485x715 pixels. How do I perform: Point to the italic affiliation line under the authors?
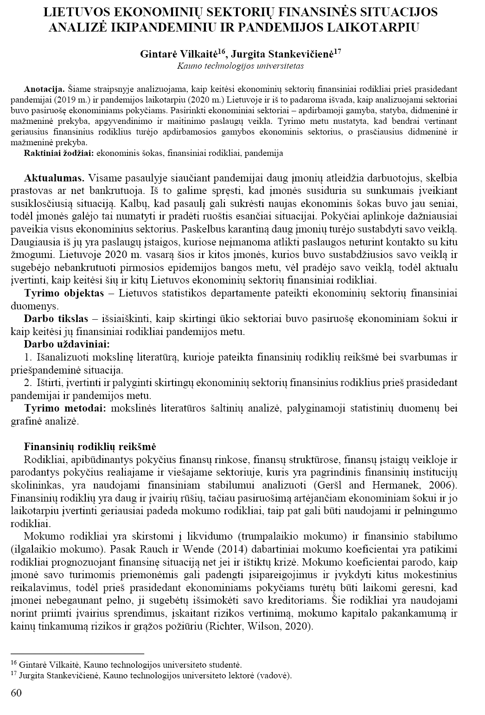[241, 66]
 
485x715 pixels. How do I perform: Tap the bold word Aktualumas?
[54, 178]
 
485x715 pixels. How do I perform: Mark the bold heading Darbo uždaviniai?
[67, 344]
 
